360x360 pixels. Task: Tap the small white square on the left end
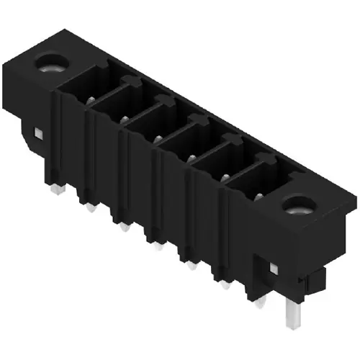coord(37,134)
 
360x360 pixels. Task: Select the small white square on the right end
coord(273,268)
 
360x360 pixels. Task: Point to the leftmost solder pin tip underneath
coord(56,189)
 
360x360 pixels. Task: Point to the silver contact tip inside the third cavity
coord(158,138)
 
